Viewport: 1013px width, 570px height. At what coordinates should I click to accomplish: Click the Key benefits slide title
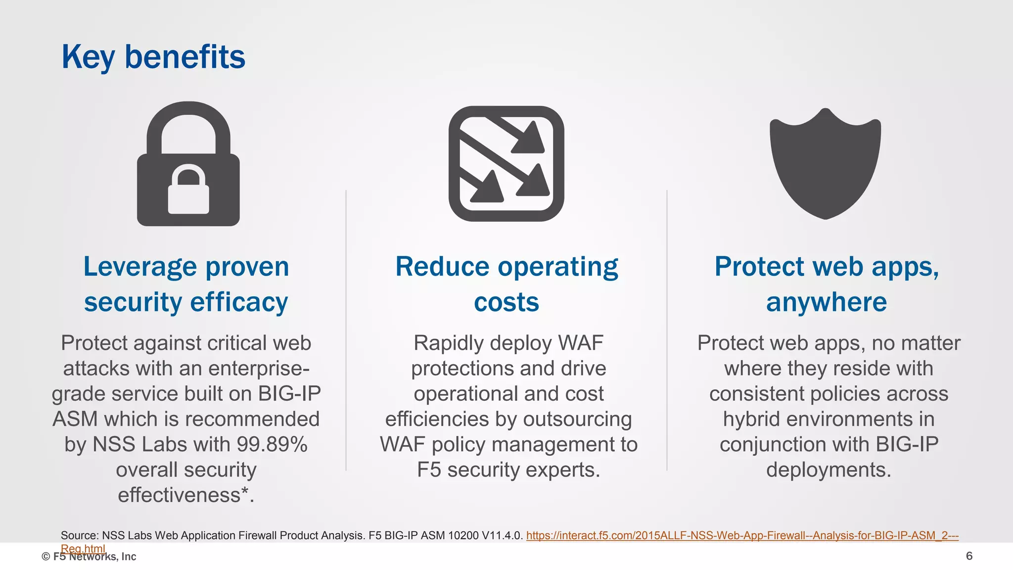(x=153, y=57)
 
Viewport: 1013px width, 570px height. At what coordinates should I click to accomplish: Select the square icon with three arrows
(x=506, y=164)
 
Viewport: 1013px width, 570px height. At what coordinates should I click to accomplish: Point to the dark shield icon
(x=825, y=163)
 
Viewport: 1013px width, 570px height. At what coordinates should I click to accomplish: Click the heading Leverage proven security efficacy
(x=186, y=284)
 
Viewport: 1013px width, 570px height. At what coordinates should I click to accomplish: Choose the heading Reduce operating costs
(x=506, y=284)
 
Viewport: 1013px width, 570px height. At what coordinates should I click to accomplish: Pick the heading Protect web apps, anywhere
(x=827, y=284)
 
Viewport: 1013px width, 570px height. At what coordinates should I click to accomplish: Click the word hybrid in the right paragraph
(x=751, y=419)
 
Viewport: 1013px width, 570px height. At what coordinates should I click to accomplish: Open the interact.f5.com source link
(x=742, y=535)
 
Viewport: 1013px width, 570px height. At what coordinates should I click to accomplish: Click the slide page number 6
(x=969, y=556)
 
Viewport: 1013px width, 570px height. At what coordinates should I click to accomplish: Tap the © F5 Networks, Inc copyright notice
(x=89, y=557)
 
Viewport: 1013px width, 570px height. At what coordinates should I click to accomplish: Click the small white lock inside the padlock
(x=188, y=191)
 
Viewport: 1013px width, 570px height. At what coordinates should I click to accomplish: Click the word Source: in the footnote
(x=80, y=535)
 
